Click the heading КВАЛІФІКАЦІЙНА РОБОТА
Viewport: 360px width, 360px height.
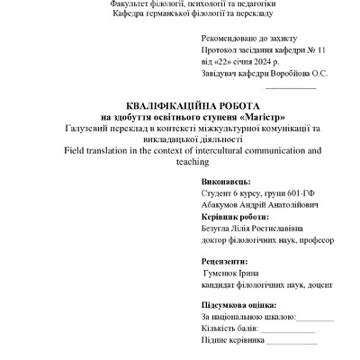point(179,106)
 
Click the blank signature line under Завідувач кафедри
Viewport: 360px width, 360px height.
point(291,87)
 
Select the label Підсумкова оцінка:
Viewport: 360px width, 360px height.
point(239,307)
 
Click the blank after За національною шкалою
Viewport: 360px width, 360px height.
point(316,319)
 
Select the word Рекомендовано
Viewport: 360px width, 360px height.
point(232,40)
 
